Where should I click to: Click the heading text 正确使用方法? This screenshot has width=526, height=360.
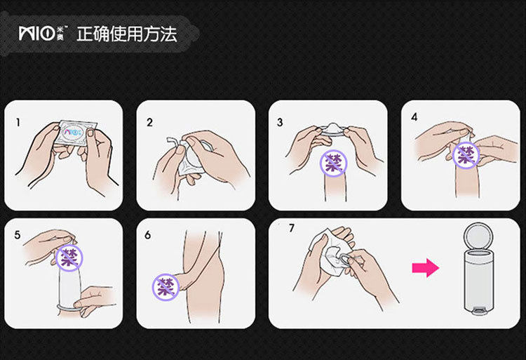(127, 34)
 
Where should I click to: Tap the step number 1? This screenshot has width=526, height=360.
(18, 123)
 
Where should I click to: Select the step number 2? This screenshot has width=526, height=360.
(149, 123)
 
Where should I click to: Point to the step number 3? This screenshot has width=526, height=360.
(280, 123)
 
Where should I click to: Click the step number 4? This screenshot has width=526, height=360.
(414, 117)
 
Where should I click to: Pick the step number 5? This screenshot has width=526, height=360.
(18, 235)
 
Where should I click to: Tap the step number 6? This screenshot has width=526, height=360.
(147, 235)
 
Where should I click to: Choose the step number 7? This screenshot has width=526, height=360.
(292, 228)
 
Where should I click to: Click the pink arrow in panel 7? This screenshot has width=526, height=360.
(426, 268)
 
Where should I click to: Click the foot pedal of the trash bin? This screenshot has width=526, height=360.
(479, 312)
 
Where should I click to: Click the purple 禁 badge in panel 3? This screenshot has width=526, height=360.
(333, 163)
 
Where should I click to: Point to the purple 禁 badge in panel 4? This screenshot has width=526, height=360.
(466, 155)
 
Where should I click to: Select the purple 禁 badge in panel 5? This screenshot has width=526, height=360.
(69, 258)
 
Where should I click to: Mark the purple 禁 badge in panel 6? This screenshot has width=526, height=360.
(166, 287)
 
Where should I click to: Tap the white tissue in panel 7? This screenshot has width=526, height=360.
(327, 250)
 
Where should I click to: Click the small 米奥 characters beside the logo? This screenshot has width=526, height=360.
(61, 34)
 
